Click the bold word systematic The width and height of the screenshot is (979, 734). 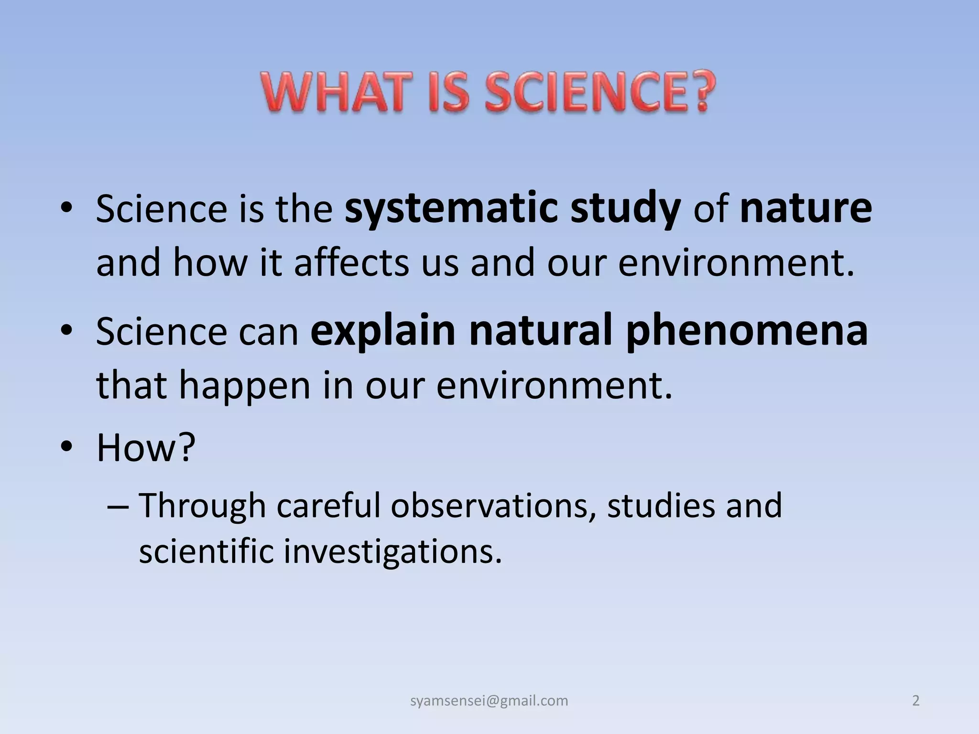(451, 209)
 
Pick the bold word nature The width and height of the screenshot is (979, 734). (805, 209)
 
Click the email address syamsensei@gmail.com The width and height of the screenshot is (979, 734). (489, 701)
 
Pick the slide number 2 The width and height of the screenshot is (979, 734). (915, 701)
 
